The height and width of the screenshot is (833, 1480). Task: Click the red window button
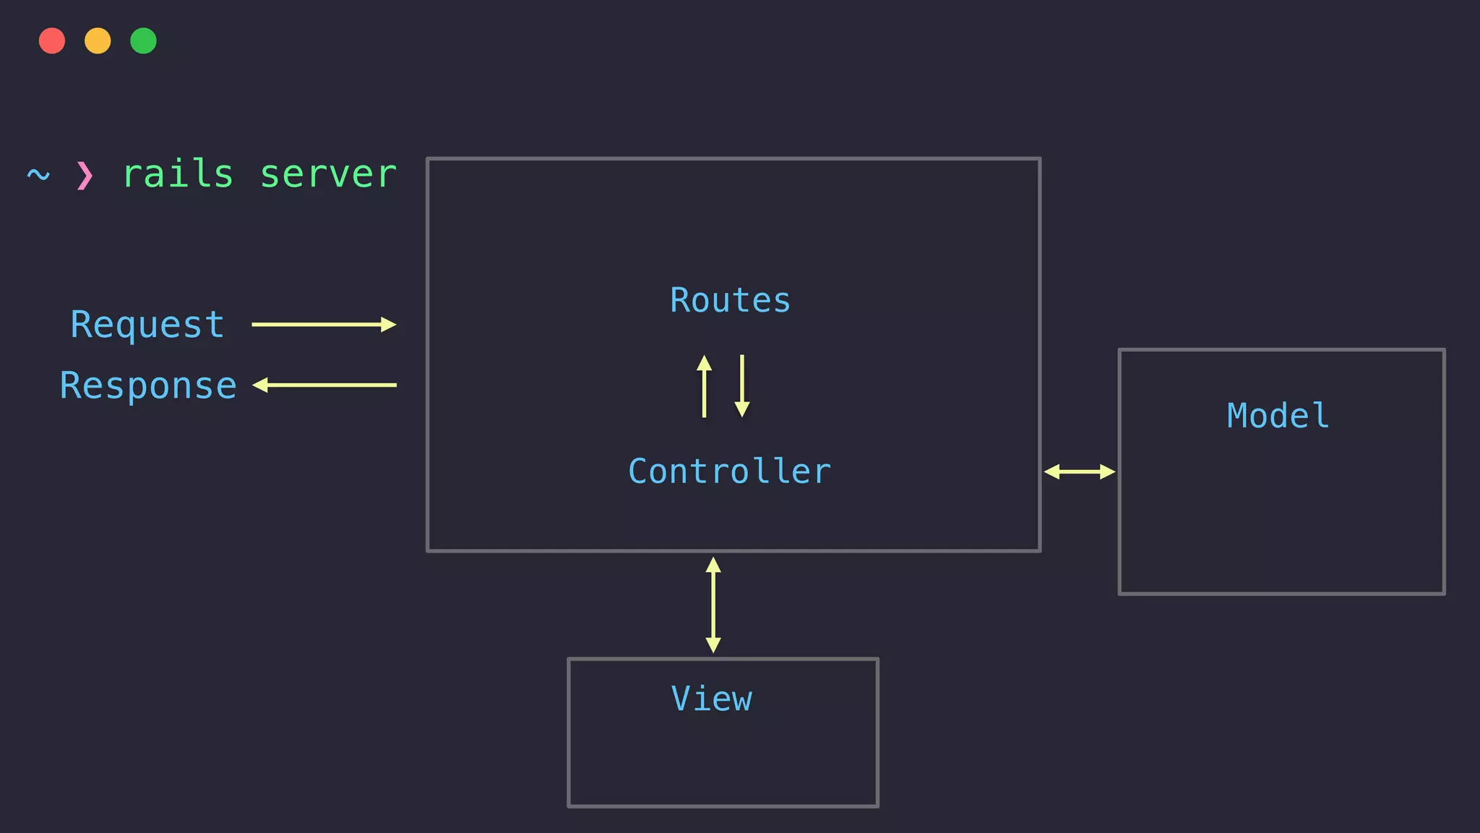pos(52,40)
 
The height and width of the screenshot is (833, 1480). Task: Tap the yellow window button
pos(98,40)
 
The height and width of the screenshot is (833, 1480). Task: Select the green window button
pos(143,40)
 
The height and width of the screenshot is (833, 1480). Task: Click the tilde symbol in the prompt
pos(38,174)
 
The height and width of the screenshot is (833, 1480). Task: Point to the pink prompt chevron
pos(85,175)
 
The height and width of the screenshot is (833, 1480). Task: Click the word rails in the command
pos(178,174)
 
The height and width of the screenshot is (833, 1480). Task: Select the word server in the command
pos(328,174)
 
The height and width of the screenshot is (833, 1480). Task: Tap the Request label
pos(147,325)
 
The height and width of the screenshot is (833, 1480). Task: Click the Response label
pos(148,385)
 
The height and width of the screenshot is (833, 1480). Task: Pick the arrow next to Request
pos(323,325)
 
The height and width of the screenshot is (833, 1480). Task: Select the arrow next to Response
pos(324,385)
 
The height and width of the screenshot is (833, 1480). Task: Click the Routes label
pos(730,300)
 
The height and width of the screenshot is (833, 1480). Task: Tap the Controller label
pos(730,471)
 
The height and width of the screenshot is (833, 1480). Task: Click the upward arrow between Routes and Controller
pos(704,386)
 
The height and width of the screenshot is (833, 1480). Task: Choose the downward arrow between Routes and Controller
pos(742,386)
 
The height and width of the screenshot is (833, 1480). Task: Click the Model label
pos(1278,416)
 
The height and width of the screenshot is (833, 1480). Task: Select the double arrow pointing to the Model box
pos(1079,472)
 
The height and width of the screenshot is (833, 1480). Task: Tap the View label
pos(712,699)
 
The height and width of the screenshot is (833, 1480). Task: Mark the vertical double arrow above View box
pos(713,605)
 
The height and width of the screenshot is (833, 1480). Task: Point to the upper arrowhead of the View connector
pos(713,565)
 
